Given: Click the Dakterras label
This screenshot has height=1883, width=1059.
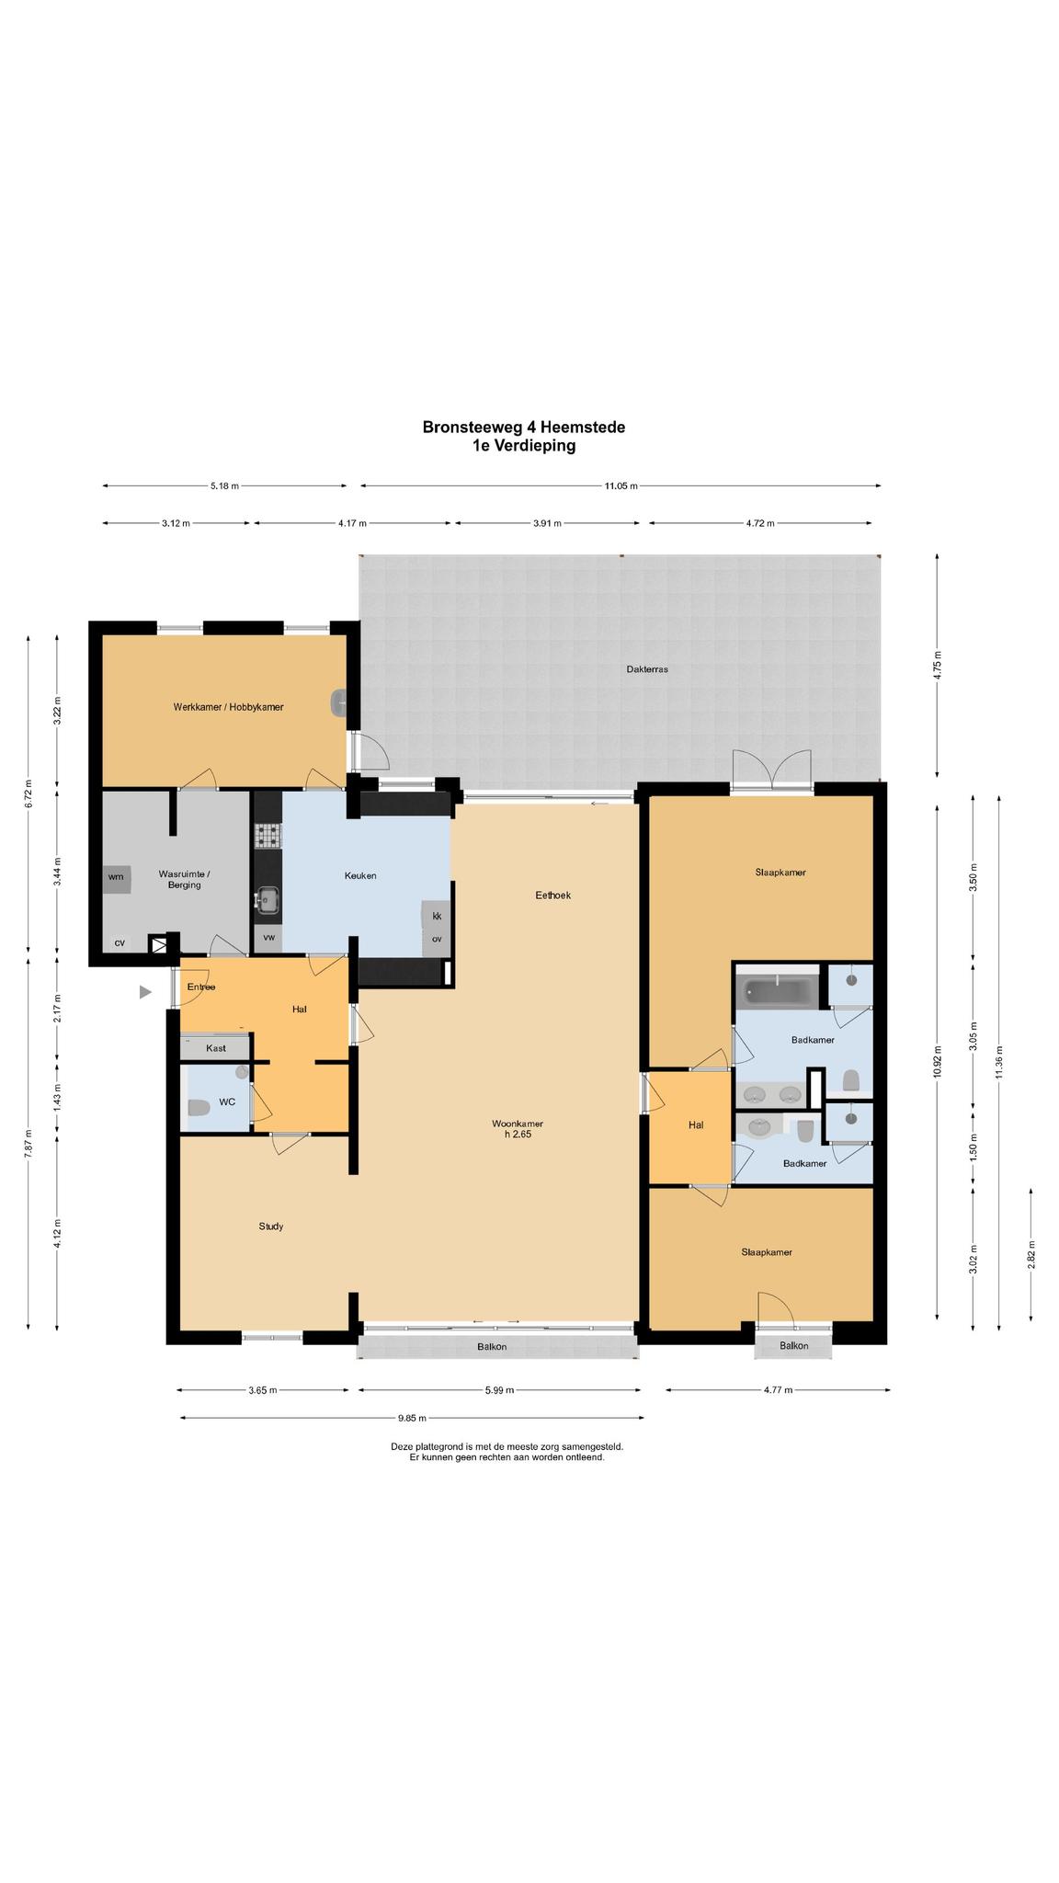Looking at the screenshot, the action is point(647,669).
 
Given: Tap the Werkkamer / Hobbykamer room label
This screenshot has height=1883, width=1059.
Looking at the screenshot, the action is point(228,707).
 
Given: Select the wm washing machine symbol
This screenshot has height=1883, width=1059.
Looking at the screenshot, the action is point(117,877).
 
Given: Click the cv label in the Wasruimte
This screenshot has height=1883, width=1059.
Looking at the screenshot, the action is point(120,942).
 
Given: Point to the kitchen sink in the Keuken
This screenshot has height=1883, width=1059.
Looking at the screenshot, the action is point(268,899).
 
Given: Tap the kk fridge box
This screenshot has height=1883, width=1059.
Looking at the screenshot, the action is point(437,916).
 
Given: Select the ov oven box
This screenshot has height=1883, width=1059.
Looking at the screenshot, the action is point(437,940).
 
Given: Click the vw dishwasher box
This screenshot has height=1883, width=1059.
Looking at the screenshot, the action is point(268,938).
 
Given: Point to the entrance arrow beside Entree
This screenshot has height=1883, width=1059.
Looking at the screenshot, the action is point(145,992).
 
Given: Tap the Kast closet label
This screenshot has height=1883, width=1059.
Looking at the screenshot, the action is point(216,1048).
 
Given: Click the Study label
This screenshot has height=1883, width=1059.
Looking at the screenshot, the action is point(271,1226).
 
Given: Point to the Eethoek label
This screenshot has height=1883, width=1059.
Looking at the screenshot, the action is point(553,895).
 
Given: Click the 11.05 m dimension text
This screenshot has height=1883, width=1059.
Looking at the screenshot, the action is point(621,485).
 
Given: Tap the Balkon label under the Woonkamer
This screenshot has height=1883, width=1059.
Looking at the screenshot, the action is point(492,1347).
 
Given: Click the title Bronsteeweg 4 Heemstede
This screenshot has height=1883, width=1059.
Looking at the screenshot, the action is point(524,427).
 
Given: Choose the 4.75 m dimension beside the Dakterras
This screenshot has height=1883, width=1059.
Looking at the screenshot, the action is point(937,666).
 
